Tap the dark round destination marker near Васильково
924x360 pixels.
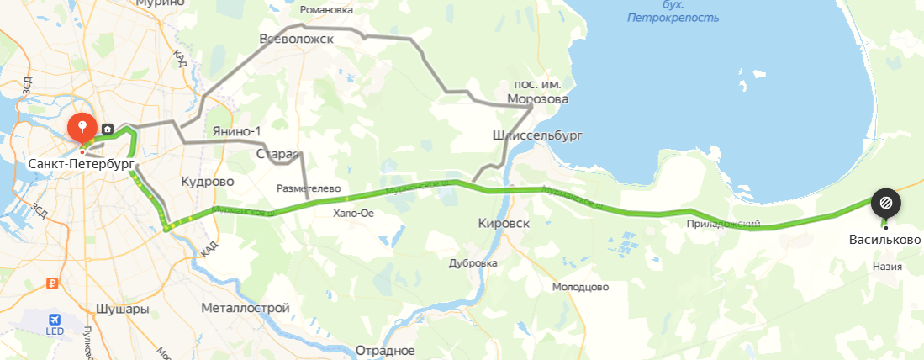coord(885,202)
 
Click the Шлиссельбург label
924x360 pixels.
coord(536,135)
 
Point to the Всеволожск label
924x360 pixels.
coord(297,39)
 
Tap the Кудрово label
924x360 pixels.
coord(208,181)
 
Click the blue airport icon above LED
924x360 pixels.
coord(55,320)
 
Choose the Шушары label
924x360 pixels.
coord(123,309)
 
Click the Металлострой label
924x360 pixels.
coord(246,309)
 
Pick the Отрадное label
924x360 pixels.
coord(386,349)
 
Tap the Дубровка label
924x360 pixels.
coord(474,262)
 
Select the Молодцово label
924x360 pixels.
coord(580,287)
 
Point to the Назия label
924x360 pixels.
coord(887,267)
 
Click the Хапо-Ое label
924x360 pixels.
coord(353,213)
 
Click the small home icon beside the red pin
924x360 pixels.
coord(108,130)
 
